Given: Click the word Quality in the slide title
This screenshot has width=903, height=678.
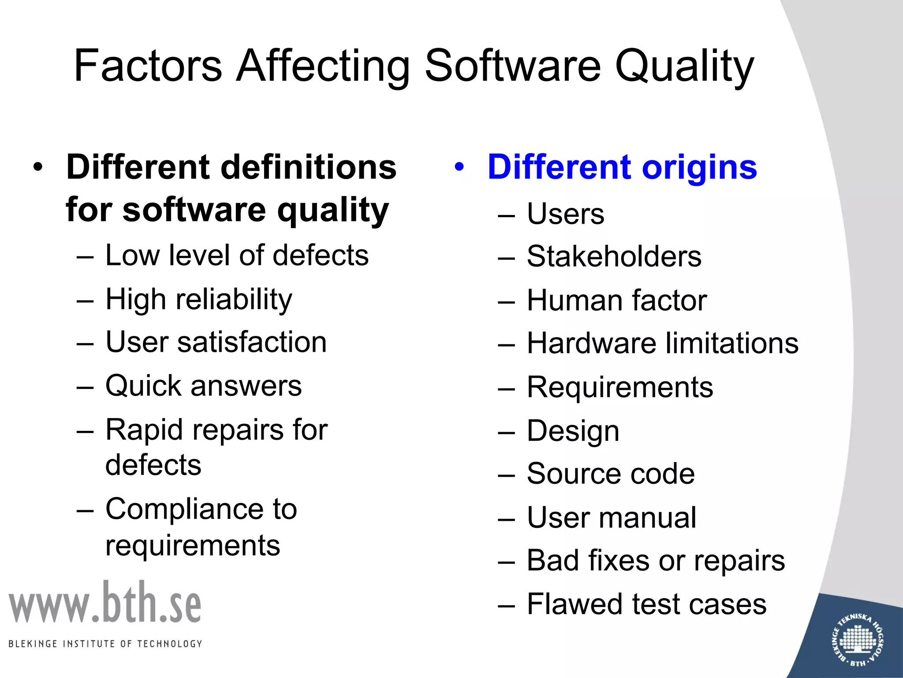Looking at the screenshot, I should click(x=684, y=66).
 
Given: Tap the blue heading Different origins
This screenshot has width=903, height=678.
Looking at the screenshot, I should click(x=622, y=167).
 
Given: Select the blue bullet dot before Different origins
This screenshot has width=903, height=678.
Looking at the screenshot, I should click(x=460, y=167).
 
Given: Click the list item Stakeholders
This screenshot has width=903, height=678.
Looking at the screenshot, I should click(x=614, y=256).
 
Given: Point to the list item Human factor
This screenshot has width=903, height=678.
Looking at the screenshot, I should click(x=616, y=301).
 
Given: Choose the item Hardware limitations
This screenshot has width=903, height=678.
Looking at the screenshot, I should click(x=662, y=343).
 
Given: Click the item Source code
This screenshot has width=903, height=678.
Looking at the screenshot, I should click(x=611, y=474).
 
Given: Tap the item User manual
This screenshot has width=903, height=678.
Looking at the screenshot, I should click(x=612, y=517).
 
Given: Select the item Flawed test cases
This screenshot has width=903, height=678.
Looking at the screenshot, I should click(x=646, y=604).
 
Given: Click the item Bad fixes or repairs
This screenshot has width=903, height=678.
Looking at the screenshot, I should click(x=656, y=561).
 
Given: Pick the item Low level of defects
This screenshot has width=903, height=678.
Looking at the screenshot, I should click(x=237, y=256).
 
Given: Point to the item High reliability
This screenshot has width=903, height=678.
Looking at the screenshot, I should click(x=199, y=300).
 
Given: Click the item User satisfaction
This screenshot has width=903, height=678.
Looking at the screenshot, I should click(x=216, y=342).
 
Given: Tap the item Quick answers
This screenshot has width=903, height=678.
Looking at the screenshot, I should click(x=203, y=386).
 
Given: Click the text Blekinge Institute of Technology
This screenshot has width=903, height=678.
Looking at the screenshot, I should click(x=105, y=644).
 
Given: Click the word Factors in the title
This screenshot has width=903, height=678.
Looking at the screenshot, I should click(x=148, y=66).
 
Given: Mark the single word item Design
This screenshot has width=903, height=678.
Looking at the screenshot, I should click(x=573, y=431).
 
